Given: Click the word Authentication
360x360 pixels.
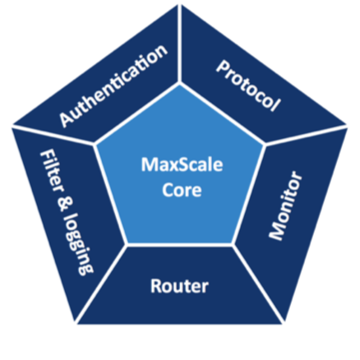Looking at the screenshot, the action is click(x=113, y=85).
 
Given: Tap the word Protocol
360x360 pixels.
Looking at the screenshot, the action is click(x=248, y=86).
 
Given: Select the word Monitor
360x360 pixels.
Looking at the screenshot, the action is click(x=285, y=205).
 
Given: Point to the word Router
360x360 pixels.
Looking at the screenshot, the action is click(x=179, y=286).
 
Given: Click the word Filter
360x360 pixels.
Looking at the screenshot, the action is click(x=52, y=171).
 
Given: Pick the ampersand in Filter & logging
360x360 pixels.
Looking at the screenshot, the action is click(x=65, y=204).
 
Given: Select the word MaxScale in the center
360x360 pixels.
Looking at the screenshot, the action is click(x=182, y=164).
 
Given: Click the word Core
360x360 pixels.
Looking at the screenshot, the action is click(x=182, y=190).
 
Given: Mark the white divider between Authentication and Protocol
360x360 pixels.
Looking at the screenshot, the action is click(x=179, y=44).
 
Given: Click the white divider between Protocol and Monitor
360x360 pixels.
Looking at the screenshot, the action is click(x=306, y=135).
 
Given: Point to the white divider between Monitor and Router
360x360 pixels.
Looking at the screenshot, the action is click(x=258, y=284).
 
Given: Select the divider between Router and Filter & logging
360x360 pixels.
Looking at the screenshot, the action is click(x=101, y=284).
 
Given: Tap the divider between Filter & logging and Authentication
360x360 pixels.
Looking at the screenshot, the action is click(x=53, y=135).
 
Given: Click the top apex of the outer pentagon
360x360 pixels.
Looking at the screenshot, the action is click(x=180, y=4).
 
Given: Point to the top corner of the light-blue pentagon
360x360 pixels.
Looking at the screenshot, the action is click(x=180, y=84).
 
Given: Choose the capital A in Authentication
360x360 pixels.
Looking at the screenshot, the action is click(x=66, y=119).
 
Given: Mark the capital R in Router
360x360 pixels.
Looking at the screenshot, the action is click(x=156, y=286).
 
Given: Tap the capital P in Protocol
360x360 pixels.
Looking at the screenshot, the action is click(x=224, y=67).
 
